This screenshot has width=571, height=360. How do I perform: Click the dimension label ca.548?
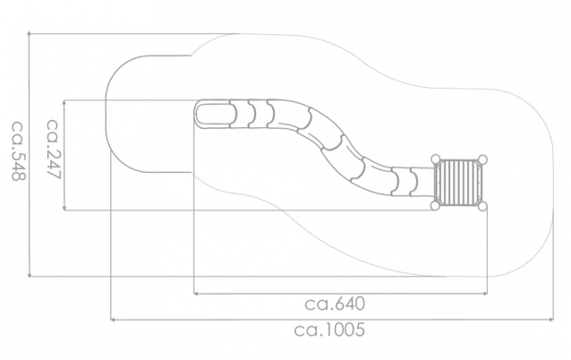[18, 150]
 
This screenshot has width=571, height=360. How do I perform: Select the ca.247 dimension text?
[53, 149]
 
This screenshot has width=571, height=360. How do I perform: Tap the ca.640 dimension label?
[335, 304]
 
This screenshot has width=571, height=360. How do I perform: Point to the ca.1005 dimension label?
[329, 330]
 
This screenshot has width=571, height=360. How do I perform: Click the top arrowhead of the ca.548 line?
[30, 34]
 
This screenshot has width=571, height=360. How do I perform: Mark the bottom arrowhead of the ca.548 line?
[30, 276]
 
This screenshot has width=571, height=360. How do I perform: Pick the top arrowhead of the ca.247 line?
[64, 102]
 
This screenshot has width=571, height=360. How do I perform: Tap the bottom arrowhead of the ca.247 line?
[64, 209]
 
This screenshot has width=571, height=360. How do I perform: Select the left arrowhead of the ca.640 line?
[195, 293]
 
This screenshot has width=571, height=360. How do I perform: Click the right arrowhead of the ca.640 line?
[485, 293]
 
